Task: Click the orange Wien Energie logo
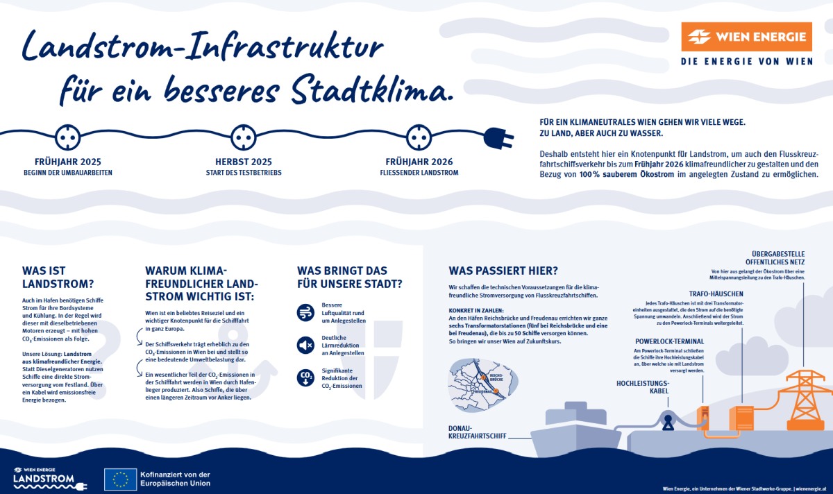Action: point(746,37)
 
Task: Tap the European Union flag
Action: point(120,479)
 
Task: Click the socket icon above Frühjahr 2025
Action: point(67,137)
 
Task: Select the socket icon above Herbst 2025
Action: point(243,137)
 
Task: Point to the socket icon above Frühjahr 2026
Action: point(419,137)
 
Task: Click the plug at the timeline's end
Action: point(498,137)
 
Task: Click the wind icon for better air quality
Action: point(305,312)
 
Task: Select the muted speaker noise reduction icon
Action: point(305,344)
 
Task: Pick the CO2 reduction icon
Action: point(305,377)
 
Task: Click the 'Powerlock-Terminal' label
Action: point(669,341)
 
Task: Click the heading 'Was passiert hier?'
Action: point(503,271)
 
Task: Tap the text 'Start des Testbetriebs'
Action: point(243,172)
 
